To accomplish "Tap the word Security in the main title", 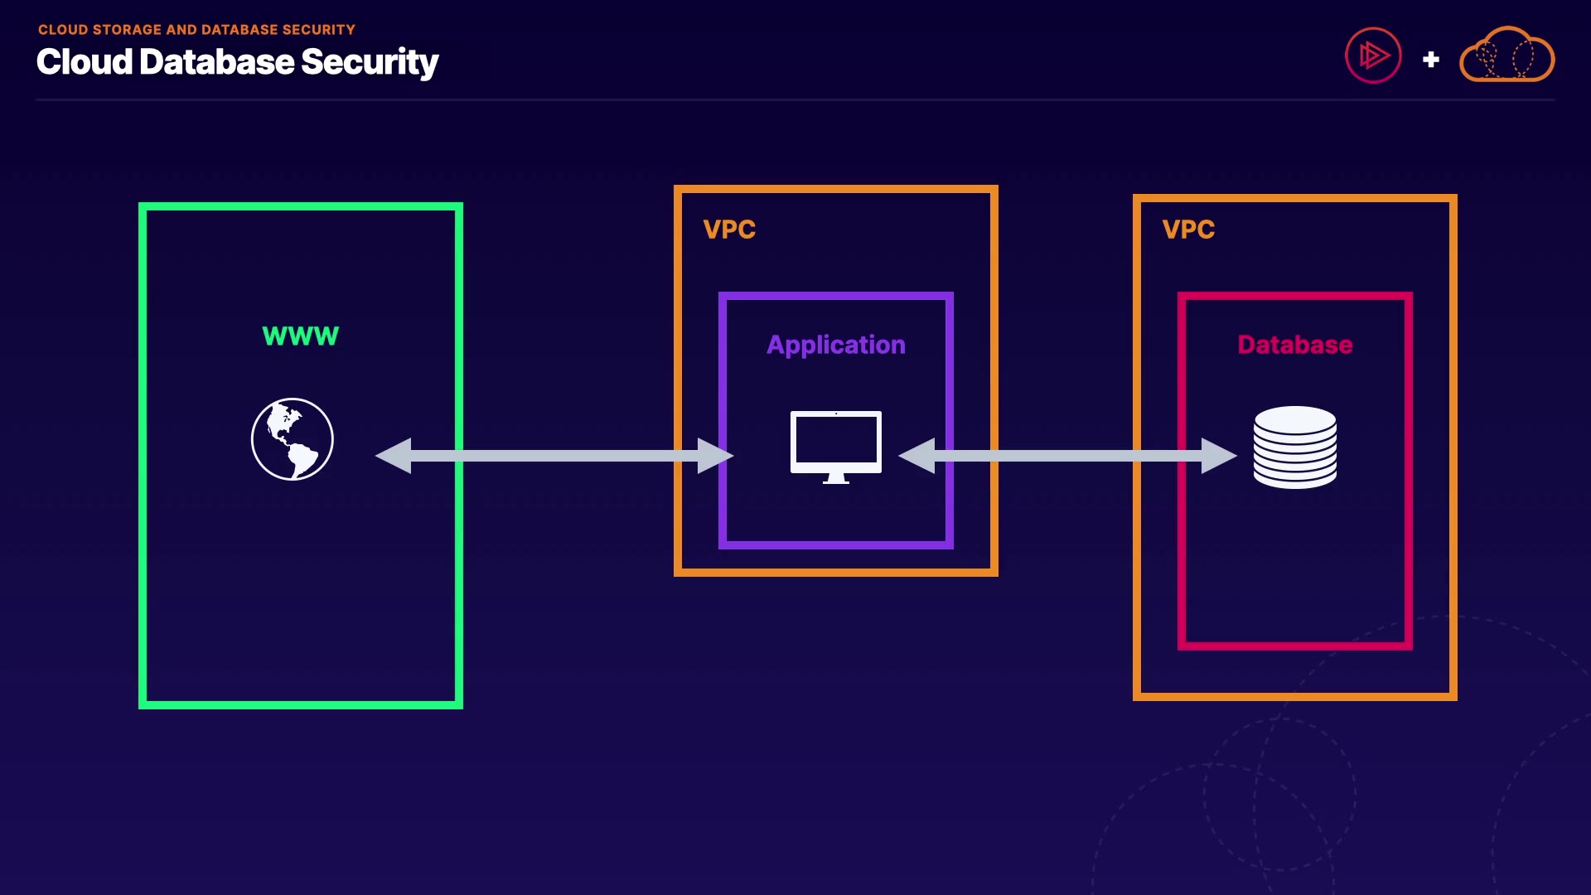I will click(x=370, y=62).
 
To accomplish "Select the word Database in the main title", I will click(x=217, y=62).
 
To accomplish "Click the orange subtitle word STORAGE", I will click(x=128, y=30).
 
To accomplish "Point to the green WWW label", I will click(x=301, y=336).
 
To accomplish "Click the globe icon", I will click(x=293, y=439).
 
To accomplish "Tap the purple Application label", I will click(x=836, y=345).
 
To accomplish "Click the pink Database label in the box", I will click(x=1295, y=345).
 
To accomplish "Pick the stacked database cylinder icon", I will click(x=1295, y=447).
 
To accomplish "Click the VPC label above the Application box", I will click(x=729, y=230).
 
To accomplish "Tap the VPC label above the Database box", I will click(x=1188, y=230).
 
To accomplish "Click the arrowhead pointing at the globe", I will click(x=394, y=456).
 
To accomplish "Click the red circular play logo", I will click(x=1373, y=56).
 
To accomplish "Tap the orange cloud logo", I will click(x=1506, y=56).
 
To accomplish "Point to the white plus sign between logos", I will click(x=1431, y=60).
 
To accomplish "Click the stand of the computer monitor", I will click(x=836, y=478).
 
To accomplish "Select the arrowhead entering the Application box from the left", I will click(x=714, y=456).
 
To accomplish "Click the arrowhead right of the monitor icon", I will click(x=917, y=456).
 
